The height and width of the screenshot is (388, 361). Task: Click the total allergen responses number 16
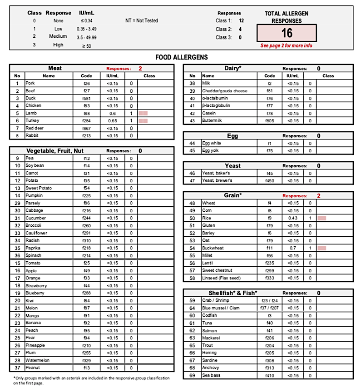coord(287,33)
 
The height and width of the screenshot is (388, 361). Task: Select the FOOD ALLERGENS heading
coord(182,57)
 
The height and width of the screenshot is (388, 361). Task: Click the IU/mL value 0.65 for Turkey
coord(113,121)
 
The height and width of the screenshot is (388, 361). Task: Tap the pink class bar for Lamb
coord(143,113)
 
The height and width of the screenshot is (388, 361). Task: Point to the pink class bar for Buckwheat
coord(322,248)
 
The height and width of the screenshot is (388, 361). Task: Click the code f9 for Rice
coord(270,218)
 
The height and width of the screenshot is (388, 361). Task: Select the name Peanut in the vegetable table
coord(33,368)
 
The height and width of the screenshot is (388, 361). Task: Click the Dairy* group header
coord(233,68)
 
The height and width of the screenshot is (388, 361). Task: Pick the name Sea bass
coord(211,375)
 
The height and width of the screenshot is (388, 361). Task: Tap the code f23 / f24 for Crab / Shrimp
coord(270,300)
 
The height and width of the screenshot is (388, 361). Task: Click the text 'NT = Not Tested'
coord(142,20)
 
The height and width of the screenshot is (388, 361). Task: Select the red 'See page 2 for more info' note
coord(286,46)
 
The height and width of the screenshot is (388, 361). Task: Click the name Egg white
coord(212,143)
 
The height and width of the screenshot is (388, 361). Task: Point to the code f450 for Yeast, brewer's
coord(270,181)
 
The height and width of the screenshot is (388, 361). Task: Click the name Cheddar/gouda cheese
coord(225,91)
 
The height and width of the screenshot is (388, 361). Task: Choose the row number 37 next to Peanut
coord(17,368)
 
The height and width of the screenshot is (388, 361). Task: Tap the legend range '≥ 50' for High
coord(86,45)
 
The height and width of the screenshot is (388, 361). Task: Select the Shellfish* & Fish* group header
coord(233,293)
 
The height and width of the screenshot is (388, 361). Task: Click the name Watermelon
coord(36,360)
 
